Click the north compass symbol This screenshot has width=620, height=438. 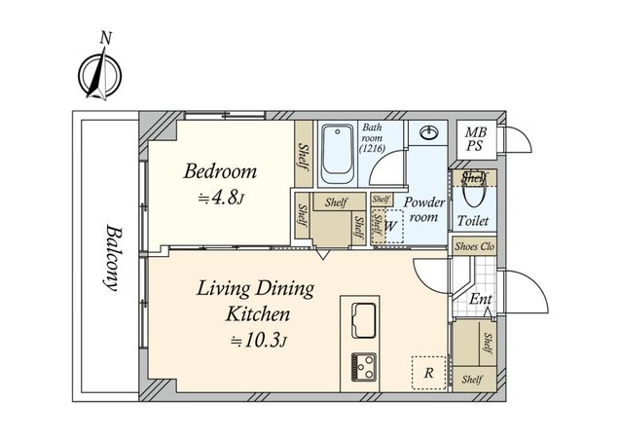tap(99, 75)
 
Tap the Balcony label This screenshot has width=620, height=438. tap(112, 258)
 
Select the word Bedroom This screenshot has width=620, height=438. tap(220, 171)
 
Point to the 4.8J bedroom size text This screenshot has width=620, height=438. tap(221, 197)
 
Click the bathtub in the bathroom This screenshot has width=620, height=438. tap(337, 154)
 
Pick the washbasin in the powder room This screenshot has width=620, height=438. tap(428, 132)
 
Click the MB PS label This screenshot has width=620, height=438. tap(475, 139)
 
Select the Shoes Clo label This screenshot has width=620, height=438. tap(475, 246)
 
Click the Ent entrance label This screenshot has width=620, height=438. tap(481, 299)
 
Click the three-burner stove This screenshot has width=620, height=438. tap(363, 367)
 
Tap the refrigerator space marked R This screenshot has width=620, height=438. tap(428, 373)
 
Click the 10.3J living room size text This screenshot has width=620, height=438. tap(258, 341)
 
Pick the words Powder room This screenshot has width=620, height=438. tap(424, 209)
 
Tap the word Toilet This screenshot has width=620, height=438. tap(473, 221)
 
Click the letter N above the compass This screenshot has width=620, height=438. tap(105, 38)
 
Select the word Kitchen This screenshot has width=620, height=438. tap(258, 314)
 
